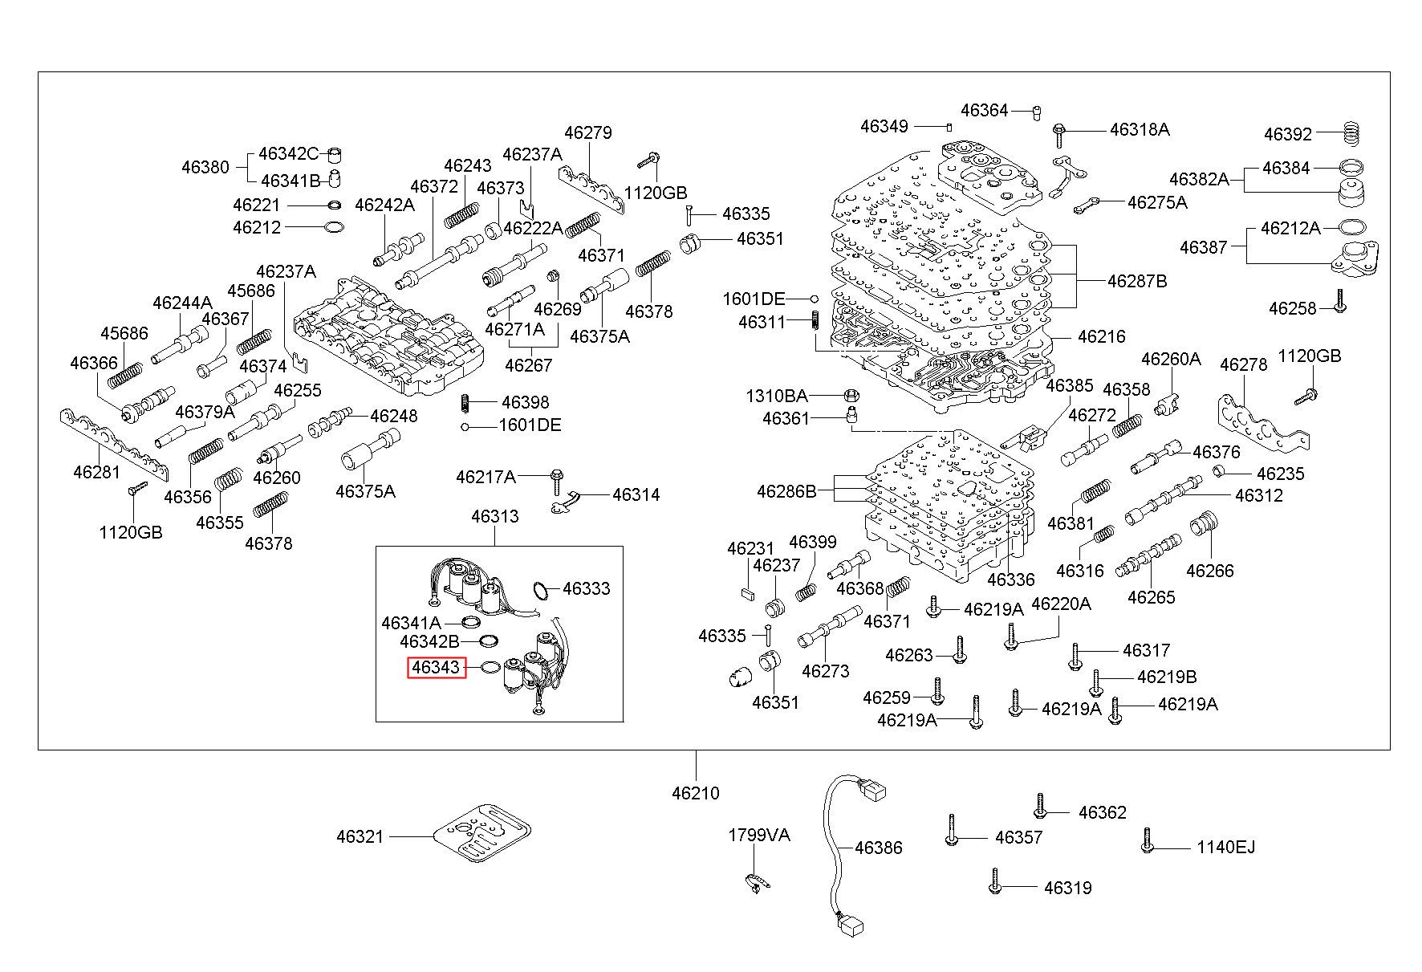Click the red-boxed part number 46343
[437, 667]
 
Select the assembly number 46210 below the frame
[696, 793]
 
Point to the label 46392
[1288, 134]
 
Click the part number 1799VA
[758, 835]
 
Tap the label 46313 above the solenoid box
[495, 516]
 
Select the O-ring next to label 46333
[542, 591]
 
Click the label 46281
[96, 471]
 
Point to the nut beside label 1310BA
[852, 396]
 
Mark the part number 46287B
[1137, 281]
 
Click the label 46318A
[1140, 129]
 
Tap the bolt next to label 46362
[1040, 806]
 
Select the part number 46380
[205, 167]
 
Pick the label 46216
[1102, 336]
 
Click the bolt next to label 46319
[995, 880]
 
